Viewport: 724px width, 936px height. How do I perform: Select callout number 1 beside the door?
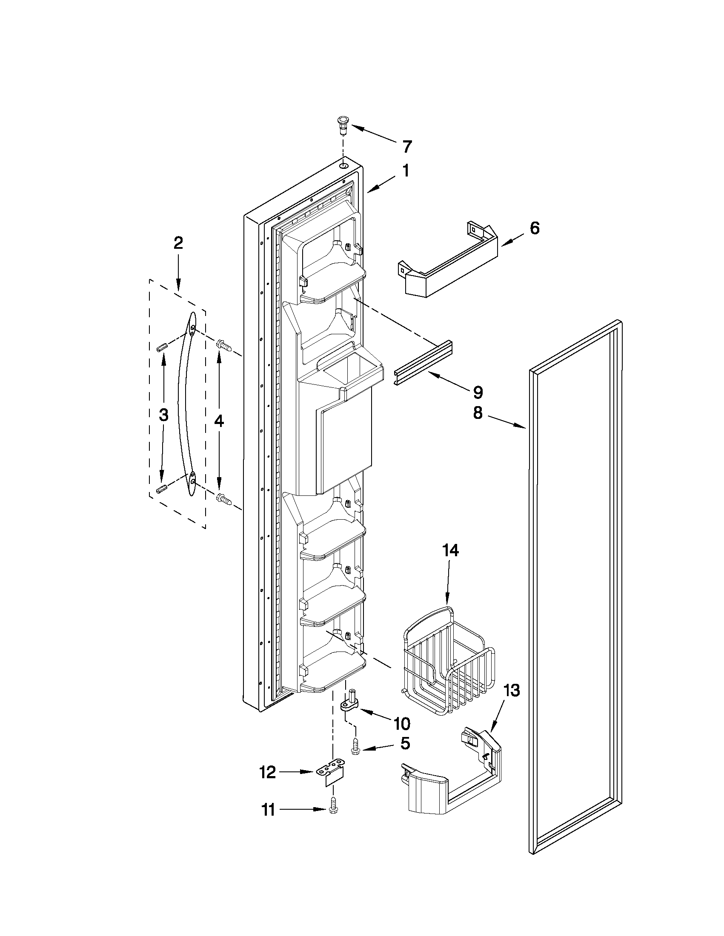click(404, 171)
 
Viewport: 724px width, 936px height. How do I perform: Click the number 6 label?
click(534, 228)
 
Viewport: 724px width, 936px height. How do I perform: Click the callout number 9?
click(478, 392)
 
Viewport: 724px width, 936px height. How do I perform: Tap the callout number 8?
click(478, 413)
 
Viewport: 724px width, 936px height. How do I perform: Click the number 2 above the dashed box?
click(178, 243)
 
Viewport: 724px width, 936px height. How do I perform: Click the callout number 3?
click(163, 415)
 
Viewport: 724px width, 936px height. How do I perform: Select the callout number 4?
click(219, 422)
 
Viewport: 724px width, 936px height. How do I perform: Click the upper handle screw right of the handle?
click(224, 344)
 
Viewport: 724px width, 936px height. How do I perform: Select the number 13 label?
click(510, 691)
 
